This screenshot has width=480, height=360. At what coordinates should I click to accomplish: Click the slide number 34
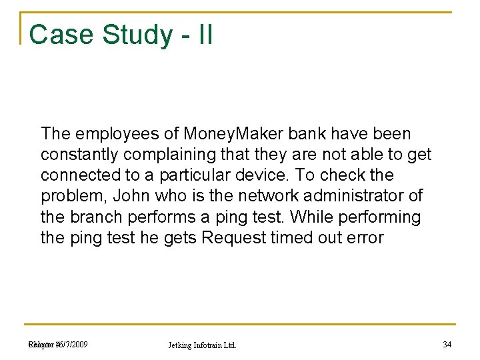(447, 344)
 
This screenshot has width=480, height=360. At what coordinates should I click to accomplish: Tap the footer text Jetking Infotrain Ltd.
(202, 345)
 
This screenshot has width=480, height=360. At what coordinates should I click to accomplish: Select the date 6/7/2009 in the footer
(73, 344)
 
